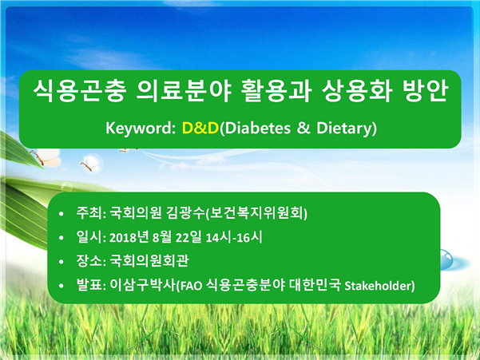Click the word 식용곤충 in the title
pyautogui.click(x=80, y=90)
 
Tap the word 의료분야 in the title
pyautogui.click(x=184, y=90)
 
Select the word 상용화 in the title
pyautogui.click(x=357, y=90)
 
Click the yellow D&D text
pyautogui.click(x=200, y=128)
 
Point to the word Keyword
pyautogui.click(x=141, y=128)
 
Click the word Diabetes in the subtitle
pyautogui.click(x=258, y=128)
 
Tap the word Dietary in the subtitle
pyautogui.click(x=344, y=129)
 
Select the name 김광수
pyautogui.click(x=185, y=213)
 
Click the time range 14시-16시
pyautogui.click(x=234, y=237)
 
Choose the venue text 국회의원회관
pyautogui.click(x=149, y=261)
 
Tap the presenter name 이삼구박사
pyautogui.click(x=142, y=285)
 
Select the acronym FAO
pyautogui.click(x=191, y=286)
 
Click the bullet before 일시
pyautogui.click(x=61, y=238)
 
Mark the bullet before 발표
pyautogui.click(x=61, y=286)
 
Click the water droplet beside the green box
pyautogui.click(x=446, y=259)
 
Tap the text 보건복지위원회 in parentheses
pyautogui.click(x=258, y=213)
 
